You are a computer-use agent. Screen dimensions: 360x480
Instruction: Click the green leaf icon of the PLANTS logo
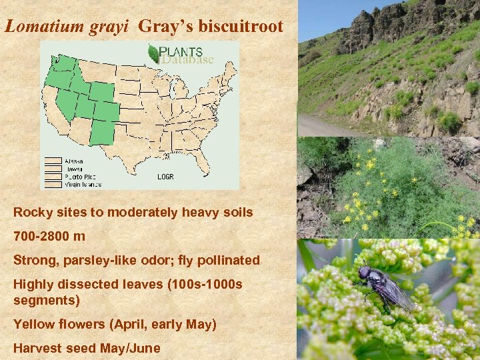click(x=153, y=54)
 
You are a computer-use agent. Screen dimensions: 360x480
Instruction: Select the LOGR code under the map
click(x=165, y=177)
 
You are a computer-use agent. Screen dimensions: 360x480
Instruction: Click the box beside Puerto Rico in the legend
click(x=53, y=177)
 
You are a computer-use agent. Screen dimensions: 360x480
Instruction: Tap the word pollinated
click(x=231, y=260)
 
